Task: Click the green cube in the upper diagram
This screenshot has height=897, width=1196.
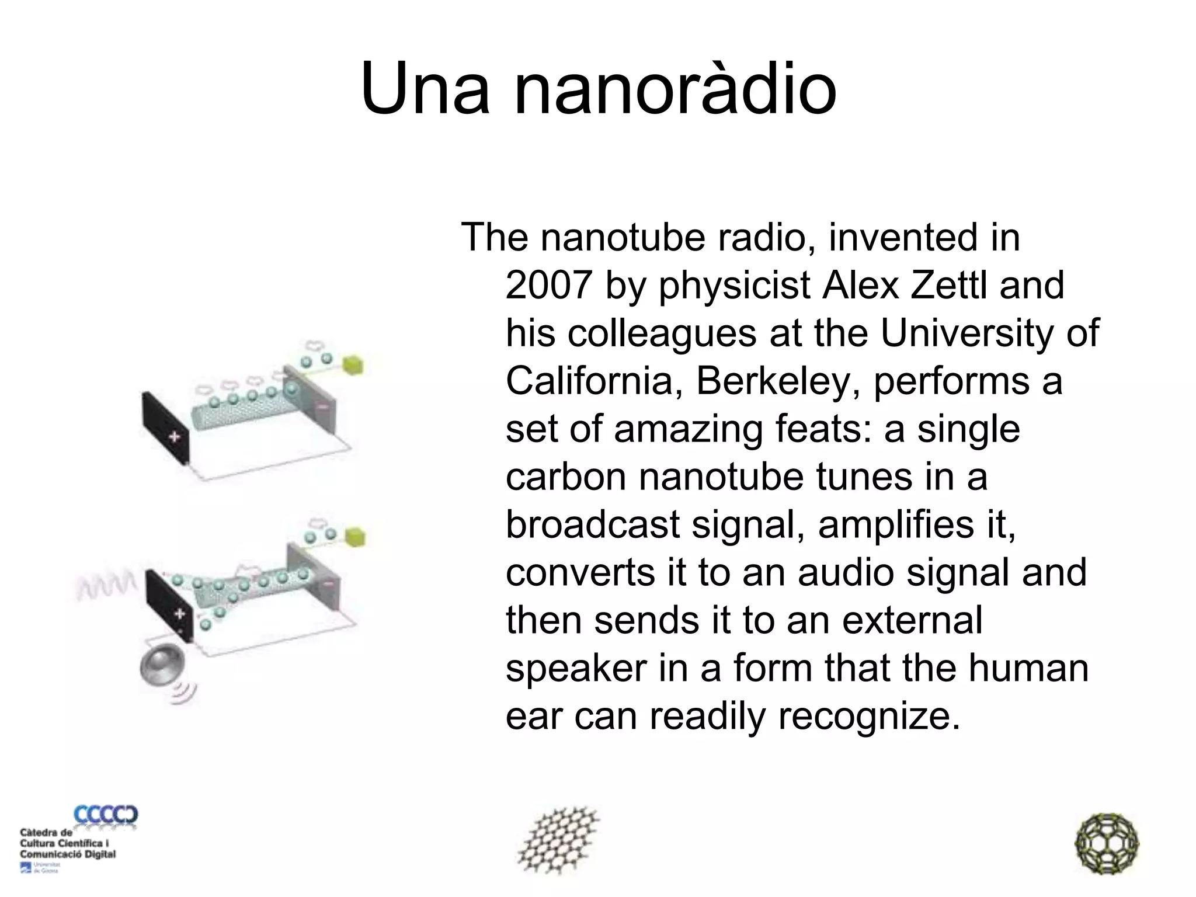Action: point(353,365)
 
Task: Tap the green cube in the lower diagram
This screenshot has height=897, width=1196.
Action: point(354,536)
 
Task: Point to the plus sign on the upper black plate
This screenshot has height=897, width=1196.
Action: point(175,437)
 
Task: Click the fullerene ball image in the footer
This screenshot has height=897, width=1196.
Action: point(1107,843)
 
